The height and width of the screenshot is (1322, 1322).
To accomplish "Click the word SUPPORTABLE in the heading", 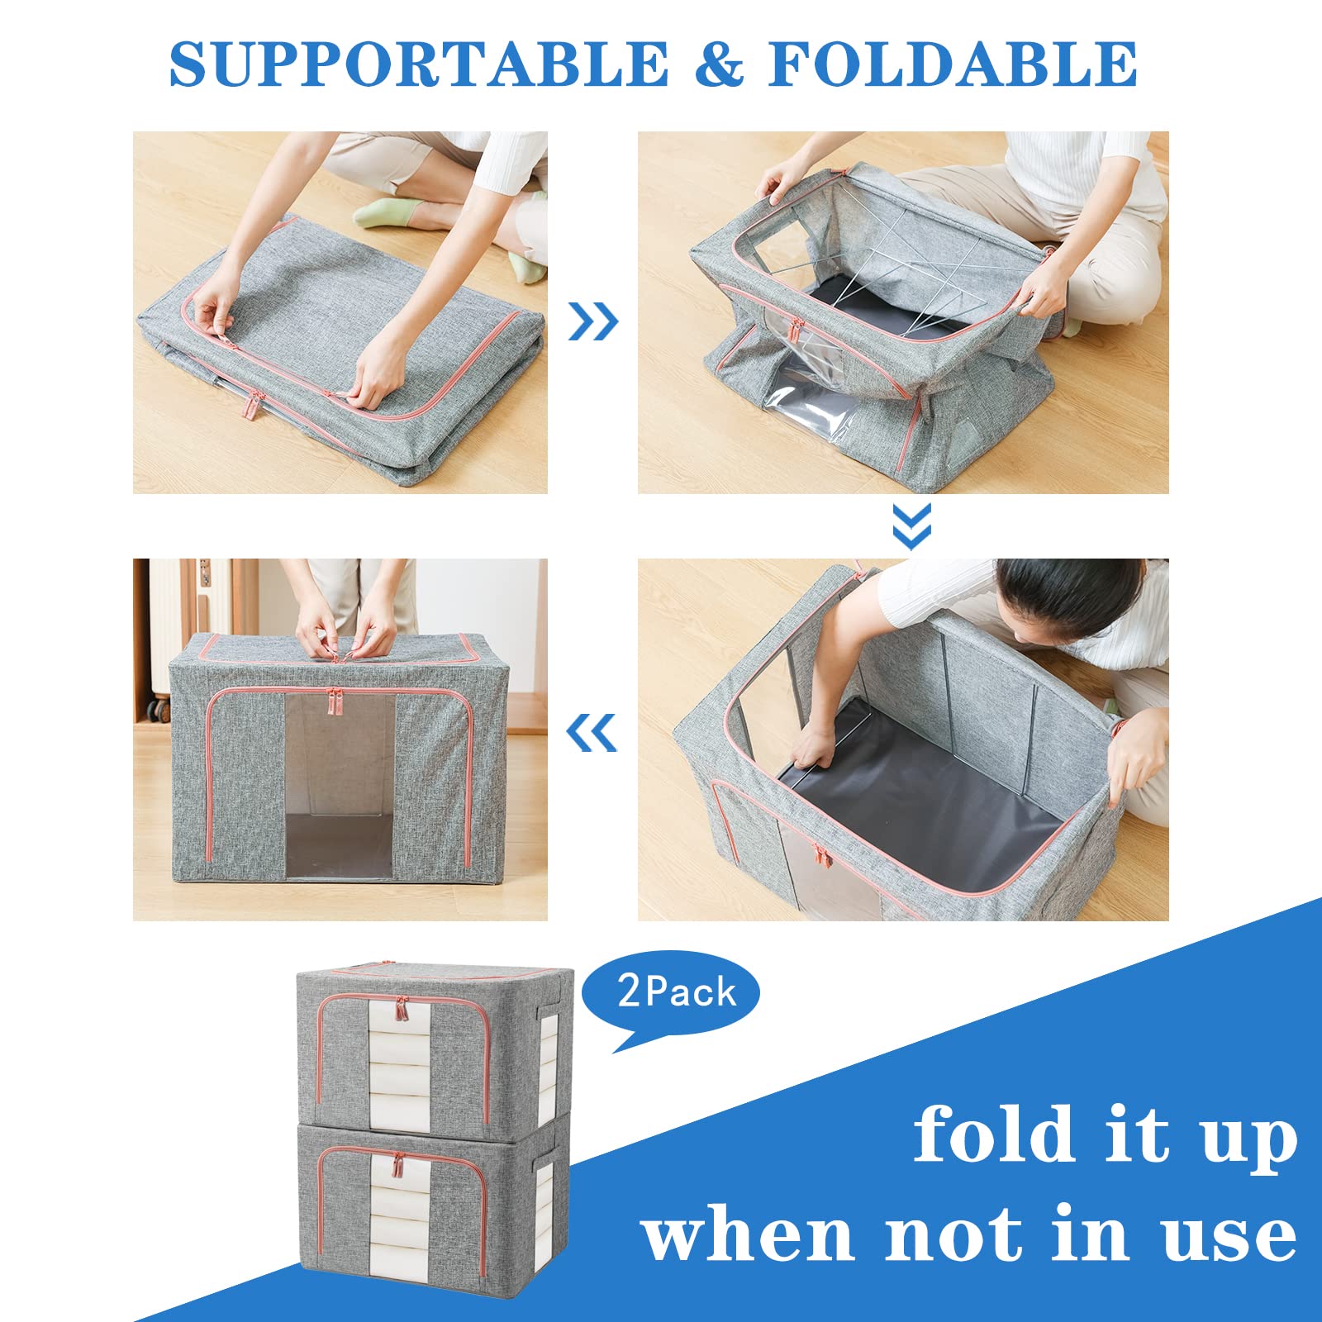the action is (419, 64).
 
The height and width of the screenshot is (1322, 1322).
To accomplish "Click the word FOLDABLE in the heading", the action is (953, 64).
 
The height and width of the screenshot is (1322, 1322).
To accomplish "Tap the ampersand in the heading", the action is (720, 64).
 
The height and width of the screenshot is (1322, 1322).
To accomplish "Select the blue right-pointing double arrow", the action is (593, 321).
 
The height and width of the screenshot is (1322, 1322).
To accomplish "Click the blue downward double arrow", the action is (911, 526).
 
